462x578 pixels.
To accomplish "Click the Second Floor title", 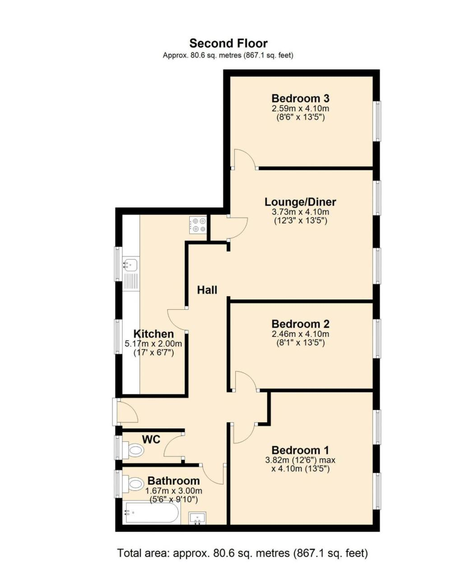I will tap(228, 43).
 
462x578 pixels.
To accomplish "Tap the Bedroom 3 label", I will tap(300, 98).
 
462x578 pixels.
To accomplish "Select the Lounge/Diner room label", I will tap(300, 202).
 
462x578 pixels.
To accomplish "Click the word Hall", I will tap(207, 290).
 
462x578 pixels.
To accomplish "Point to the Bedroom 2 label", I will tap(300, 324).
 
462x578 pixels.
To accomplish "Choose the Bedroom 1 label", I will tap(300, 450).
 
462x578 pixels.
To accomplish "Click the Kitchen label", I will tap(154, 334).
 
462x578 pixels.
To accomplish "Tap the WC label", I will tap(151, 439).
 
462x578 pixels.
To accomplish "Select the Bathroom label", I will tap(173, 481).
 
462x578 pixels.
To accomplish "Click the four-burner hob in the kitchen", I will tap(199, 225).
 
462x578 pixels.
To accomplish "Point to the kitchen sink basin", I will tap(131, 264).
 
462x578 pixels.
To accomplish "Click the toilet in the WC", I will tap(135, 450).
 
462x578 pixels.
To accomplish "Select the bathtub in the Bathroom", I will tap(152, 513).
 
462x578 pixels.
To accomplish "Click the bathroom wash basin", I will tap(197, 518).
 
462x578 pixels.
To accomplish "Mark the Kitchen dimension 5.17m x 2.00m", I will tap(154, 344).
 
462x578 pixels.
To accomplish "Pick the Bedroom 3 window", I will tap(377, 121).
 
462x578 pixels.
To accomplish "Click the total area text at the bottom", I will tap(243, 553).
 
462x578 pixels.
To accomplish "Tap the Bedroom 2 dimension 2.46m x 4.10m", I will tap(300, 334).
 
